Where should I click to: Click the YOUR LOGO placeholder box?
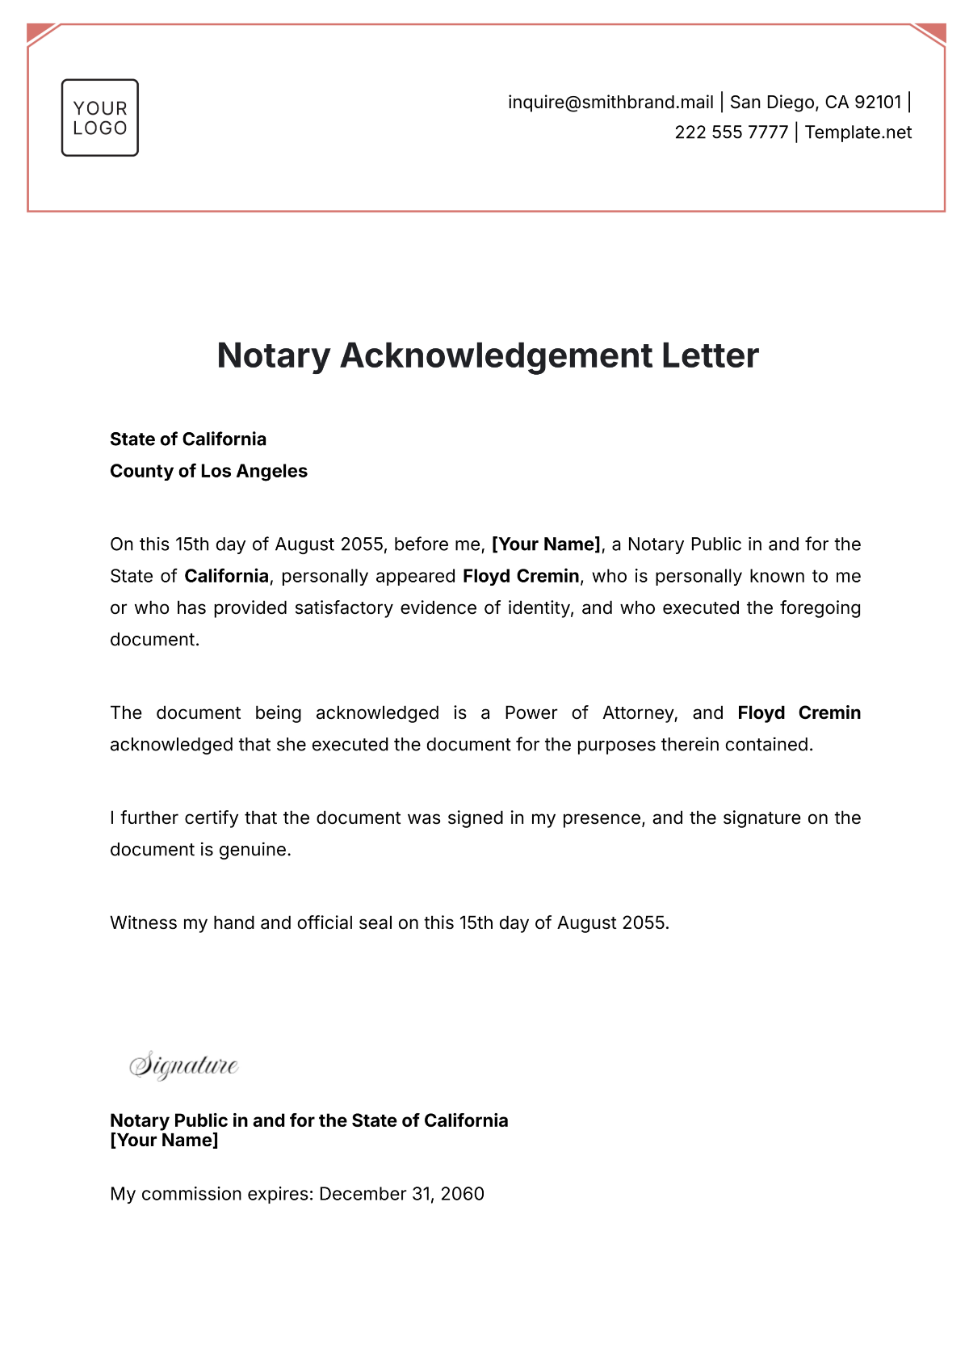pyautogui.click(x=100, y=118)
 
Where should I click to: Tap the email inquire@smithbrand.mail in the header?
pyautogui.click(x=610, y=103)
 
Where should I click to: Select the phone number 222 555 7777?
pyautogui.click(x=731, y=132)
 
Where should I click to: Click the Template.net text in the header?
pyautogui.click(x=858, y=132)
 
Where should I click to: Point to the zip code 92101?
pyautogui.click(x=878, y=103)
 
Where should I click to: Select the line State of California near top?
pyautogui.click(x=188, y=439)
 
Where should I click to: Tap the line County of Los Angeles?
pyautogui.click(x=208, y=471)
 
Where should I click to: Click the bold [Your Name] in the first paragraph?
pyautogui.click(x=546, y=544)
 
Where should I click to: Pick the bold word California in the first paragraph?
pyautogui.click(x=226, y=576)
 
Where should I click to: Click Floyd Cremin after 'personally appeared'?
pyautogui.click(x=521, y=576)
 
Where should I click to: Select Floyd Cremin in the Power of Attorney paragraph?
pyautogui.click(x=799, y=712)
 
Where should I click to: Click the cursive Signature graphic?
pyautogui.click(x=184, y=1065)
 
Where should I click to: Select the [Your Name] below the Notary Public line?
pyautogui.click(x=164, y=1141)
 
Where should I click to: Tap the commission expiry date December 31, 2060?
pyautogui.click(x=401, y=1194)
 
